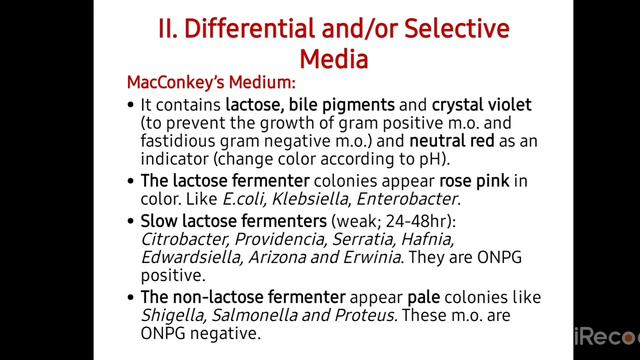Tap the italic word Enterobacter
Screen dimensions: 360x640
(x=403, y=199)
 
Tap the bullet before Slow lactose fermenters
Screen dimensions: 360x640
(x=131, y=219)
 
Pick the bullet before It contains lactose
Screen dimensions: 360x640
(x=131, y=104)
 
